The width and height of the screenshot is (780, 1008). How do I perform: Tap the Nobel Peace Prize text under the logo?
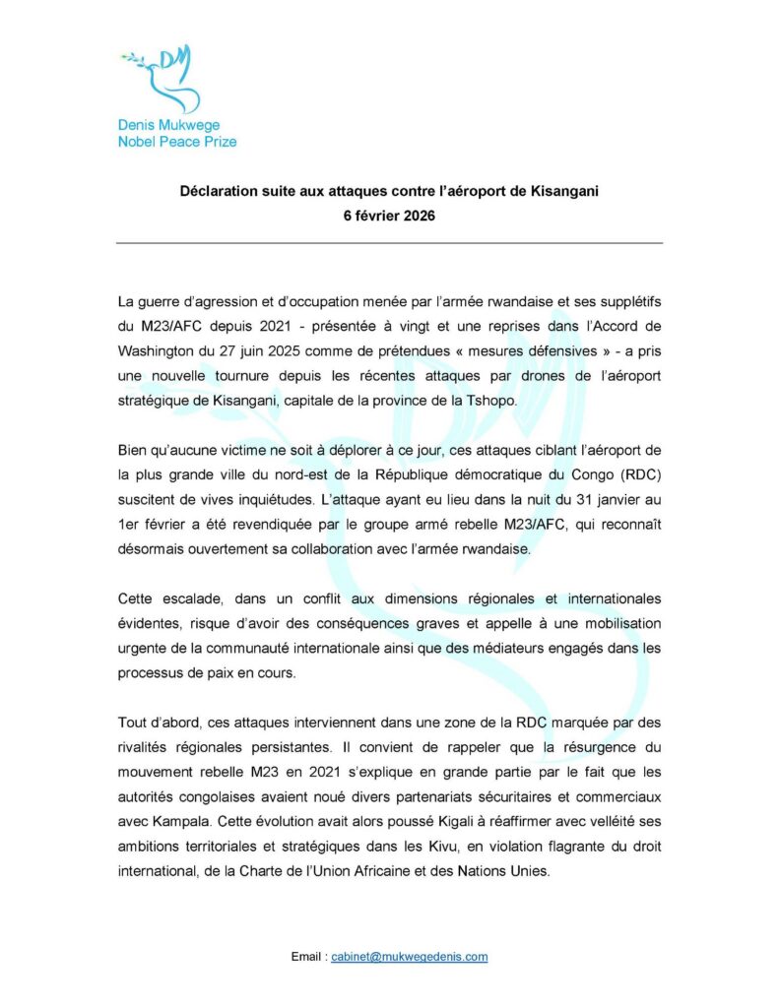(x=177, y=142)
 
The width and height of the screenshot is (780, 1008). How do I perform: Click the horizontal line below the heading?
(x=389, y=242)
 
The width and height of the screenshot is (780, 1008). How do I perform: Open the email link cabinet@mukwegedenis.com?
(x=410, y=956)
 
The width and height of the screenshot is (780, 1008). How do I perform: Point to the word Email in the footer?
(x=308, y=956)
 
